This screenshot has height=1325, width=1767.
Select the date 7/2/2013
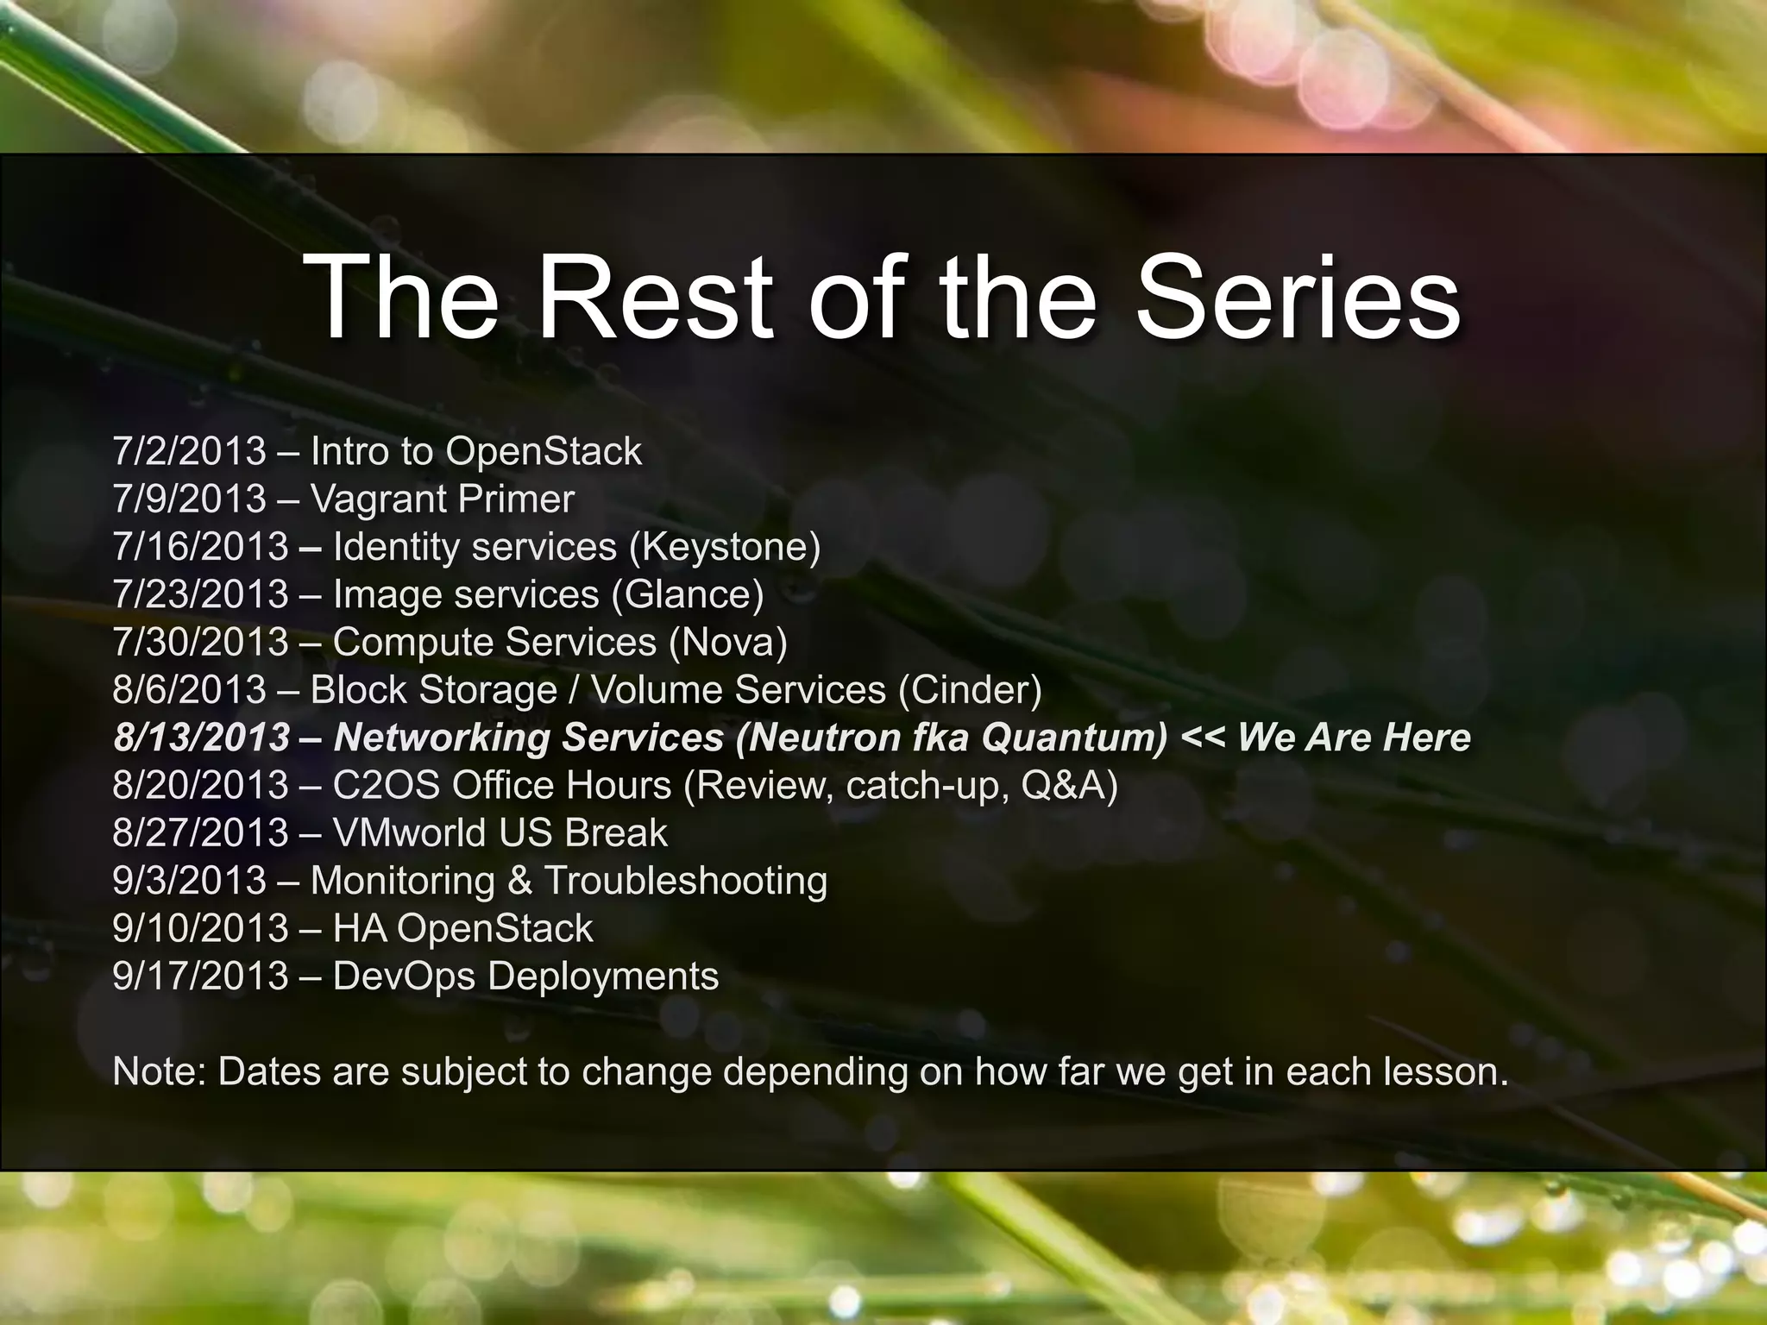tap(189, 451)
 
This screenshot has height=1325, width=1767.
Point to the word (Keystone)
tap(725, 547)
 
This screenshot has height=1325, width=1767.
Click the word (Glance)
tap(687, 594)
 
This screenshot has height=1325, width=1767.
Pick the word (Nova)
tap(727, 642)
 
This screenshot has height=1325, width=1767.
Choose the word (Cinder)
tap(970, 689)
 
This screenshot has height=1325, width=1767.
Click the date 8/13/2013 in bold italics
tap(201, 738)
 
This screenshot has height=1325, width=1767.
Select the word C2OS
tap(386, 785)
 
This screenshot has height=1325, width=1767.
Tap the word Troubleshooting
tap(685, 881)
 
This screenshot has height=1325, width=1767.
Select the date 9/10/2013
tap(200, 928)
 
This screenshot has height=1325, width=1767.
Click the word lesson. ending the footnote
tap(1446, 1071)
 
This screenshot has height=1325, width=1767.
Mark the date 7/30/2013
tap(200, 642)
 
